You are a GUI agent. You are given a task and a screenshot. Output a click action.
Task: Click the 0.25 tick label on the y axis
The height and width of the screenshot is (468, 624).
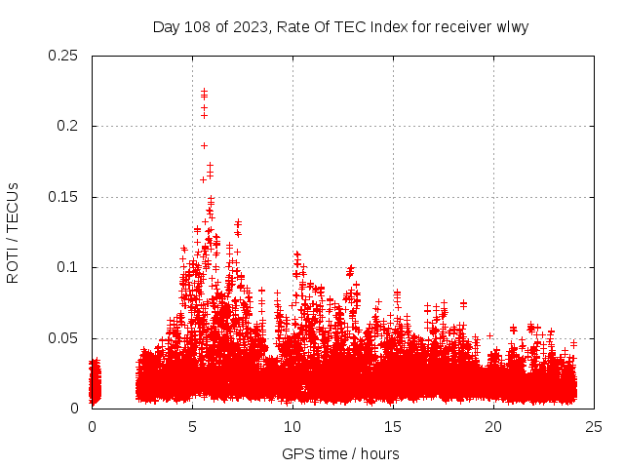64,56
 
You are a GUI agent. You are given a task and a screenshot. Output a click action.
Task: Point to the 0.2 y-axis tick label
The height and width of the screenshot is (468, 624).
68,126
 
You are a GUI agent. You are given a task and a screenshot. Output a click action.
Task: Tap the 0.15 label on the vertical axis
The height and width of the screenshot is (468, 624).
64,197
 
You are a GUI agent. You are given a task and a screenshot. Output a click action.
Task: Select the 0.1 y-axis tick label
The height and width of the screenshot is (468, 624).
68,267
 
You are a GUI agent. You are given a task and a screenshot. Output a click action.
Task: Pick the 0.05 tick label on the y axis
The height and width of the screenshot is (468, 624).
64,338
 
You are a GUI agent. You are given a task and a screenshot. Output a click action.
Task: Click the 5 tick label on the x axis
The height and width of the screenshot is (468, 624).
193,427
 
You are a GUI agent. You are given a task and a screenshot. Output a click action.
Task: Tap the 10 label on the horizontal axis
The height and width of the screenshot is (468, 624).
292,427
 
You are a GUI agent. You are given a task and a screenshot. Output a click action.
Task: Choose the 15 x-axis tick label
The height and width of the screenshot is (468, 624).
393,427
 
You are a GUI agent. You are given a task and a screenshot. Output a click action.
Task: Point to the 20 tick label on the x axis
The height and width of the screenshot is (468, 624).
493,427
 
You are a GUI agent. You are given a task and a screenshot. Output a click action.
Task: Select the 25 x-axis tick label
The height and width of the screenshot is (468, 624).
594,427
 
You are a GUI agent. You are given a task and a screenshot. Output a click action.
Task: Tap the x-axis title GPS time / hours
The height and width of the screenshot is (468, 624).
340,453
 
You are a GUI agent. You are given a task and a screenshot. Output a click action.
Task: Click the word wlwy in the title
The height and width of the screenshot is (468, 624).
512,26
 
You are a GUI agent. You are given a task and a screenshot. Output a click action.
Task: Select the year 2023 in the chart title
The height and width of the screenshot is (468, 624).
248,26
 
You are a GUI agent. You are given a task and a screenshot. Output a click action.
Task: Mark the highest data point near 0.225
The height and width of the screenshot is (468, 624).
204,92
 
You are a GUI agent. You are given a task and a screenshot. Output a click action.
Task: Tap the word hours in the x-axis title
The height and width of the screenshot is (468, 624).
379,453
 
